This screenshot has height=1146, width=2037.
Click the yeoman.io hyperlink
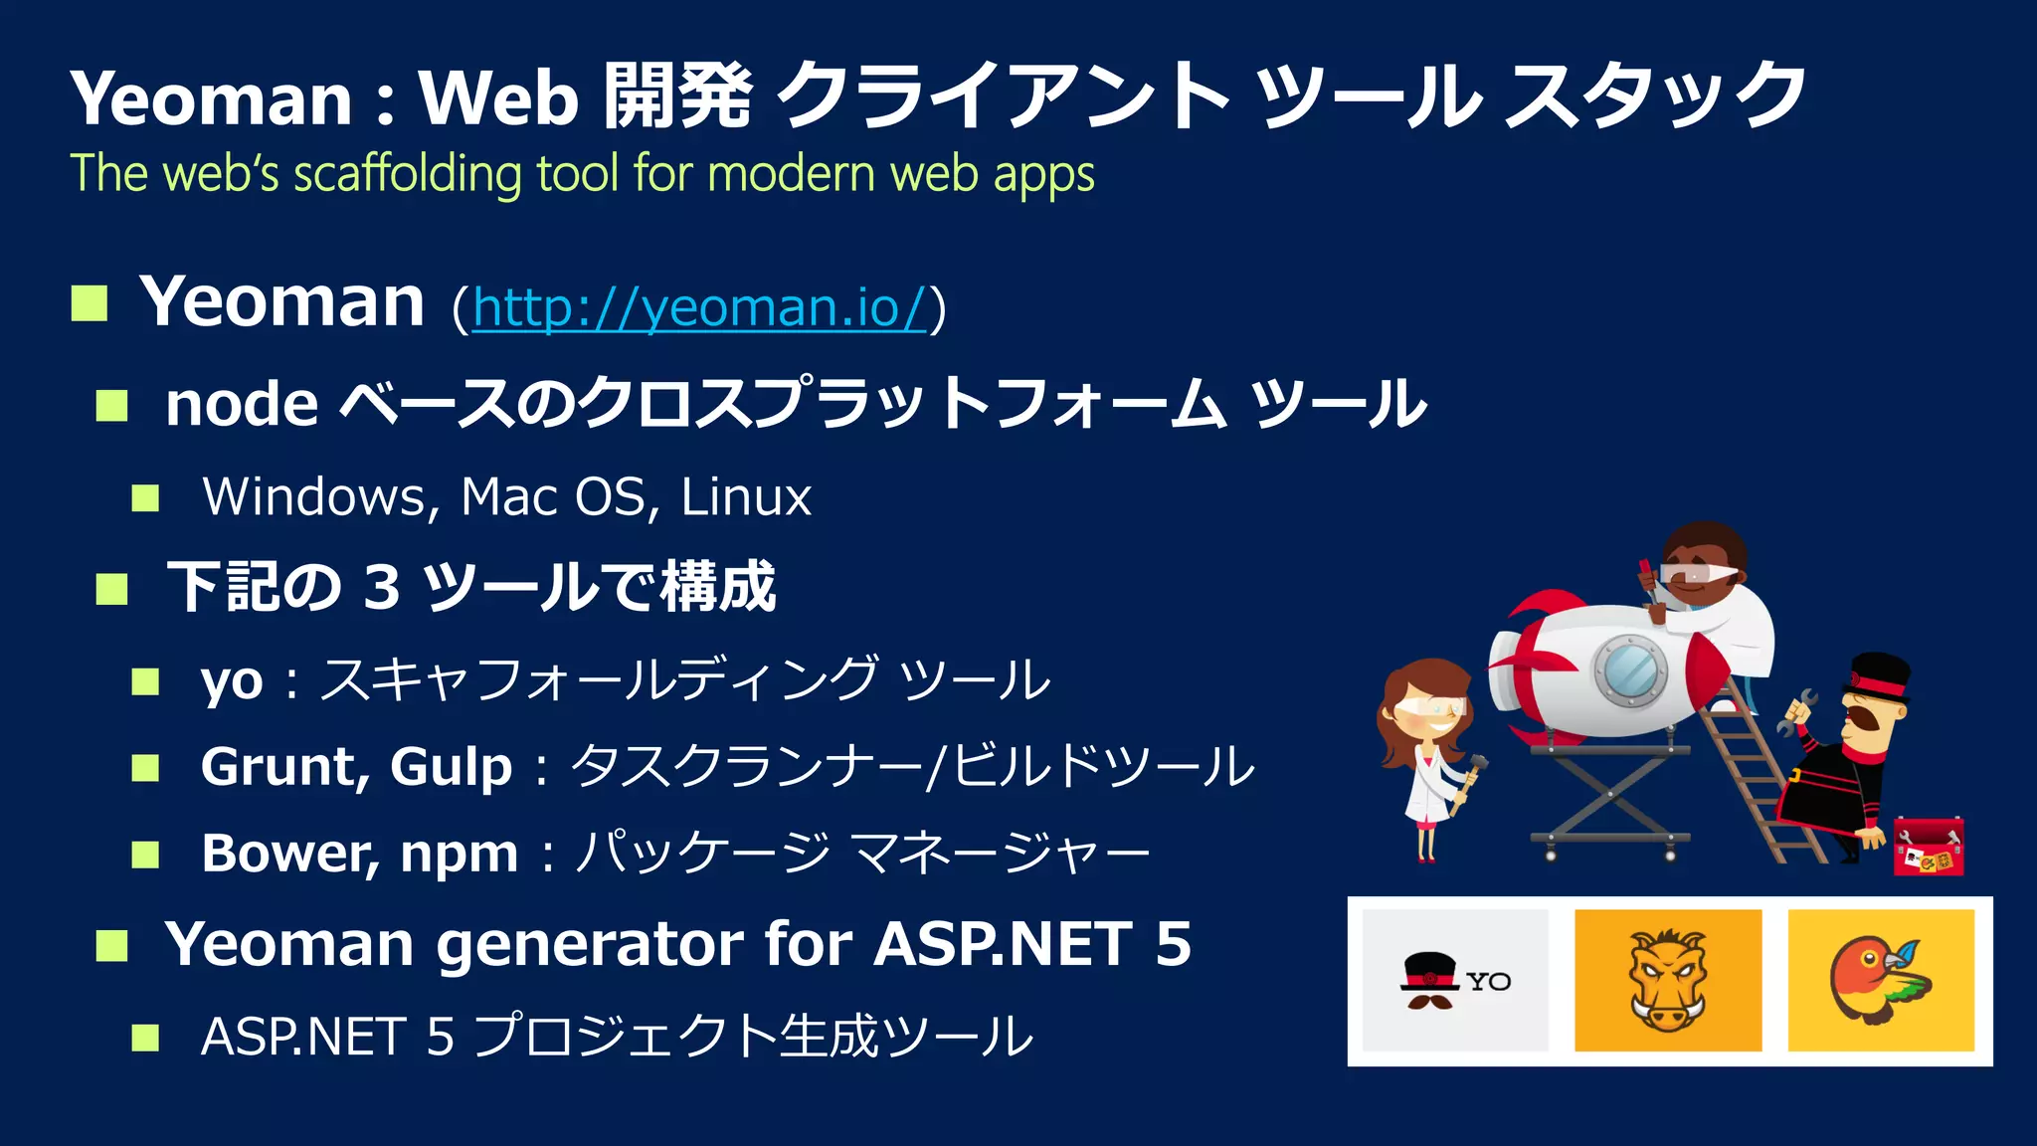699,307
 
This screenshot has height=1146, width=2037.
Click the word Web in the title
498,98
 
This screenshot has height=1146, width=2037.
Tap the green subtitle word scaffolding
407,174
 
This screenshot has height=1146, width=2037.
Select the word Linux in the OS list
746,496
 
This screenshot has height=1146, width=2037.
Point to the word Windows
314,496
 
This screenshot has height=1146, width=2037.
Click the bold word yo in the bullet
232,682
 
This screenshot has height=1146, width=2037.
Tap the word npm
460,856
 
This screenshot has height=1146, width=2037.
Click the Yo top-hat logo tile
1455,980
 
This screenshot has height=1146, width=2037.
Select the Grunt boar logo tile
1668,980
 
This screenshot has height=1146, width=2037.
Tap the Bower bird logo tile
1881,980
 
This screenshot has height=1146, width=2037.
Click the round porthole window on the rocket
1630,669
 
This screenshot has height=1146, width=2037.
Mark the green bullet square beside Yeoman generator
112,945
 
